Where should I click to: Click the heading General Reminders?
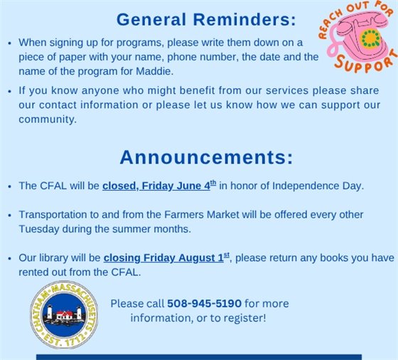pyautogui.click(x=206, y=19)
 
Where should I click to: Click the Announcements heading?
pyautogui.click(x=206, y=157)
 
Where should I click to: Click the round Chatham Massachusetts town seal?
pyautogui.click(x=65, y=314)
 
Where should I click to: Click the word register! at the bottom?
pyautogui.click(x=241, y=318)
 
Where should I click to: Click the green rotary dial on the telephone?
pyautogui.click(x=369, y=38)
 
